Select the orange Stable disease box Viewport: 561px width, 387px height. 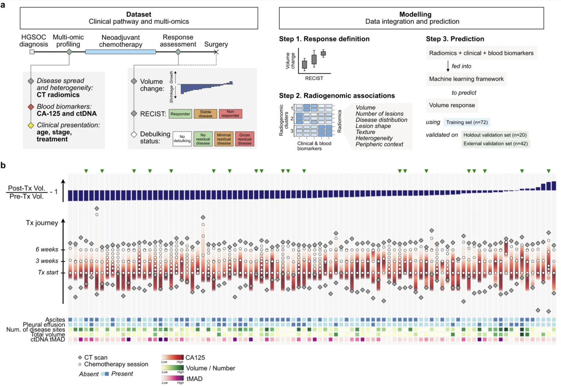205,113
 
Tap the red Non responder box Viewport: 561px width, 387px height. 231,113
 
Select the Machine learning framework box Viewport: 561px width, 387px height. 466,79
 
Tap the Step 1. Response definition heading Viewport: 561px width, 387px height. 324,39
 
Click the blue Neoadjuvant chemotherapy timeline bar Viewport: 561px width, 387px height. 121,52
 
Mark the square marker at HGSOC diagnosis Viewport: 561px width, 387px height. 32,52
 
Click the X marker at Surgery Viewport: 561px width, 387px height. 215,52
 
